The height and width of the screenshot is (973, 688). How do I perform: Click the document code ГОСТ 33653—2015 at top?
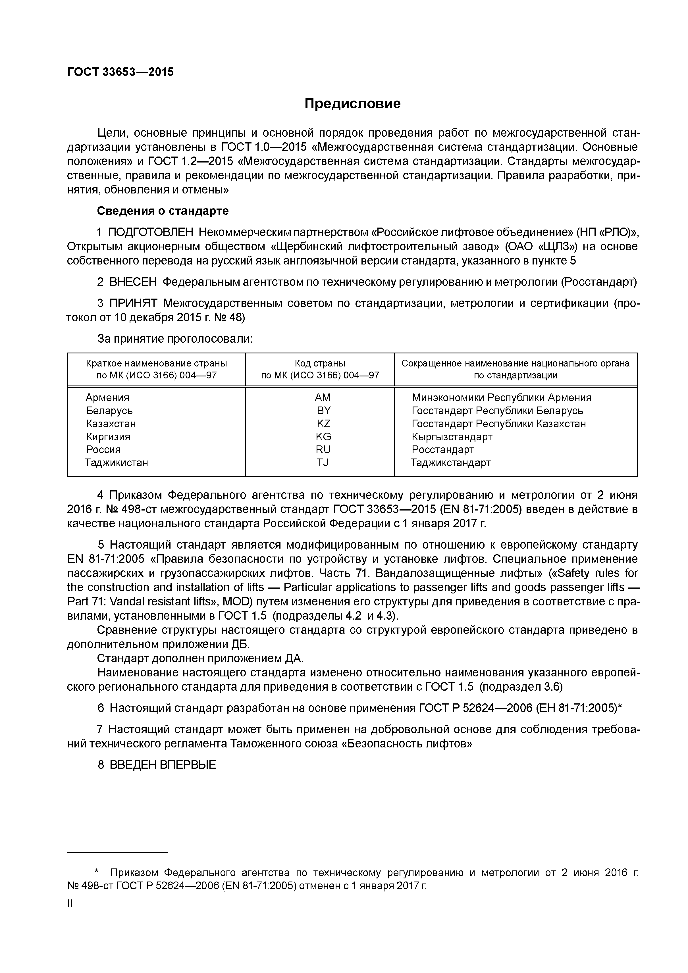120,72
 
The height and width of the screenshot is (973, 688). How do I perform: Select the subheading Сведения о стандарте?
163,211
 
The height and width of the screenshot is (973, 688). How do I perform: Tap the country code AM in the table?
323,397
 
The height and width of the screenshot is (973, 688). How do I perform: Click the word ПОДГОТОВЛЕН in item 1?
151,232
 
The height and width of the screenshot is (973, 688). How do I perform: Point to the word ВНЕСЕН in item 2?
133,282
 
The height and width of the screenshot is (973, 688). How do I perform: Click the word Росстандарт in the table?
443,450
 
